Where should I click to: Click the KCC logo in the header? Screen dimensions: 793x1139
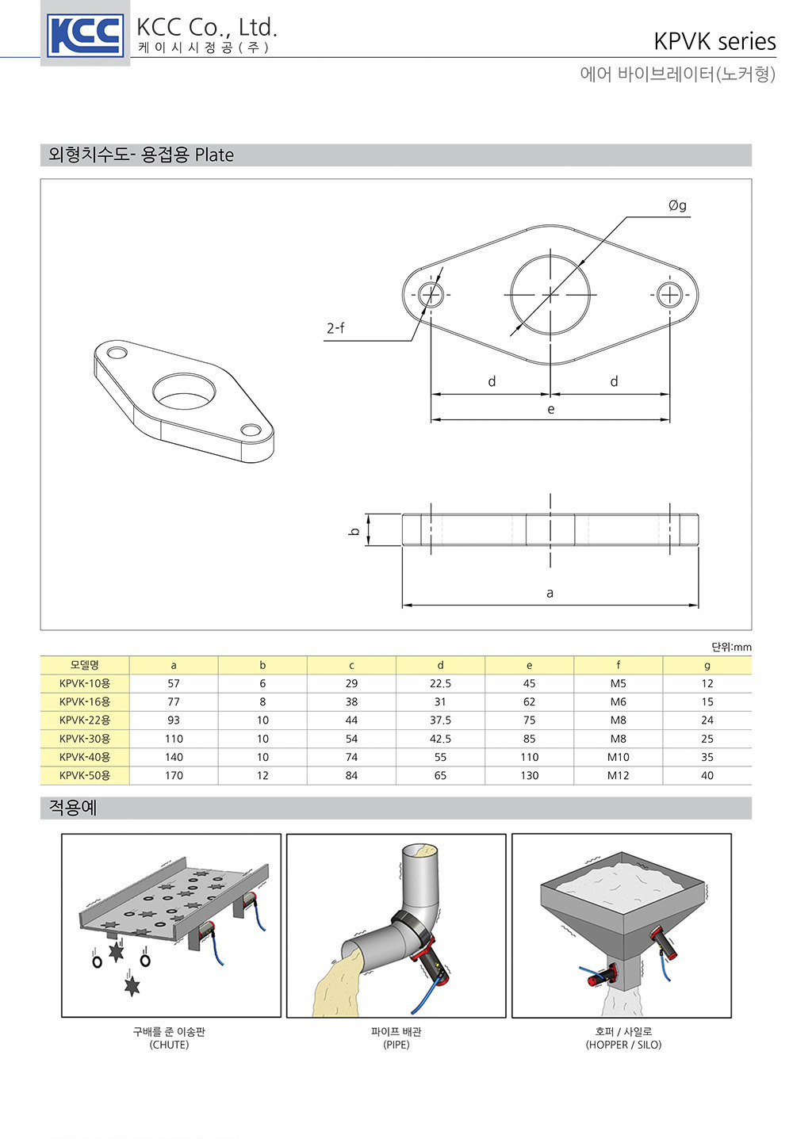pos(85,35)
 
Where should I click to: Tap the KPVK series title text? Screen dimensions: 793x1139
pos(714,41)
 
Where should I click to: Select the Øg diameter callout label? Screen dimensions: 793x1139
pos(677,205)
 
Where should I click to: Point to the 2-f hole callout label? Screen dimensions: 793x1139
pos(335,328)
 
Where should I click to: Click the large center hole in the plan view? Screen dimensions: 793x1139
pos(511,295)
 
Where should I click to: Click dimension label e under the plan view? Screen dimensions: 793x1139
pos(551,409)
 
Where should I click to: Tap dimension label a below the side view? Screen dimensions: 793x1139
pos(550,593)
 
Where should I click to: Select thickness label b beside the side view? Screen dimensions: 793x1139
pos(355,531)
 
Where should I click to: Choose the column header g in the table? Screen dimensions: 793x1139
pos(707,666)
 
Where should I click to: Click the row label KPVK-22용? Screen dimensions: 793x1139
pos(85,720)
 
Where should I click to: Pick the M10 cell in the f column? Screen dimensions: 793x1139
pos(618,757)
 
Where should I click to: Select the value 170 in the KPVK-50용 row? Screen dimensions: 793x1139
pos(174,775)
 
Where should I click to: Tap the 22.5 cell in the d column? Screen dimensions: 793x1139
pos(440,683)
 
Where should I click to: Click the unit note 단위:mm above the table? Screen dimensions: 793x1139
pos(731,647)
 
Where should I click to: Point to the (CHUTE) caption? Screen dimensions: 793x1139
pos(169,1045)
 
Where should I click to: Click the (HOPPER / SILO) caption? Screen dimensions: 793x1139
pos(623,1045)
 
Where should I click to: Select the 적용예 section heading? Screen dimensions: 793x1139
pos(72,808)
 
